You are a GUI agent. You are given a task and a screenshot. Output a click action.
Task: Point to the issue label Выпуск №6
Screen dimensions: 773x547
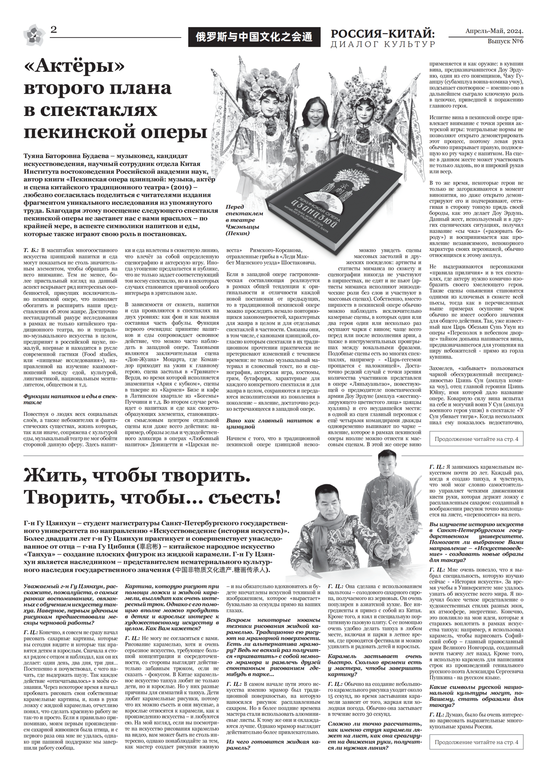pos(505,41)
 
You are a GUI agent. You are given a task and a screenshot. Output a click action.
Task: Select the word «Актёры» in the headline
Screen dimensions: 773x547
pos(74,68)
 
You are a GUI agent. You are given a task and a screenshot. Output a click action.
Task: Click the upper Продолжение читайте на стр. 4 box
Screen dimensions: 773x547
pos(476,439)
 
